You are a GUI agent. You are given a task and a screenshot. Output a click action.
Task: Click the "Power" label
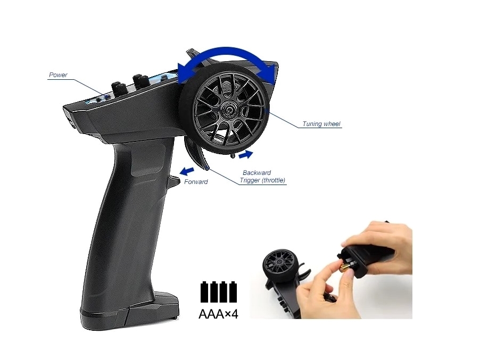tap(58, 75)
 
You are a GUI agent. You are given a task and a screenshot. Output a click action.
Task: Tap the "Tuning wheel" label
tap(321, 123)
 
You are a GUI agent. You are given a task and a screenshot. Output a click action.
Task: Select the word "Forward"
tap(196, 182)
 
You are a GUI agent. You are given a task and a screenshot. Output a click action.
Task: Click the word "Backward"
tap(256, 173)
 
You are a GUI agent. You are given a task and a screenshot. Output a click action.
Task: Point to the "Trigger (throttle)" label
tap(262, 180)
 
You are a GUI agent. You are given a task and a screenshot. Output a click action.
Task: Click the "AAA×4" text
tap(218, 314)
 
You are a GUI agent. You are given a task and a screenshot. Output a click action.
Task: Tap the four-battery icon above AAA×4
tap(219, 292)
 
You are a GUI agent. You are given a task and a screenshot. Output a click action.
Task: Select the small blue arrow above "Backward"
tap(246, 154)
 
